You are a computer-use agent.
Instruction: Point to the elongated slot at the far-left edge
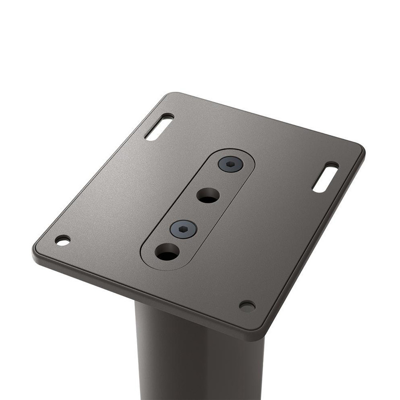point(159,127)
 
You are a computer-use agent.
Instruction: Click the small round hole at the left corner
point(62,240)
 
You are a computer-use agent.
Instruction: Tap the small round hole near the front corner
point(247,306)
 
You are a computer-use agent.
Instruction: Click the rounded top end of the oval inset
point(240,154)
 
